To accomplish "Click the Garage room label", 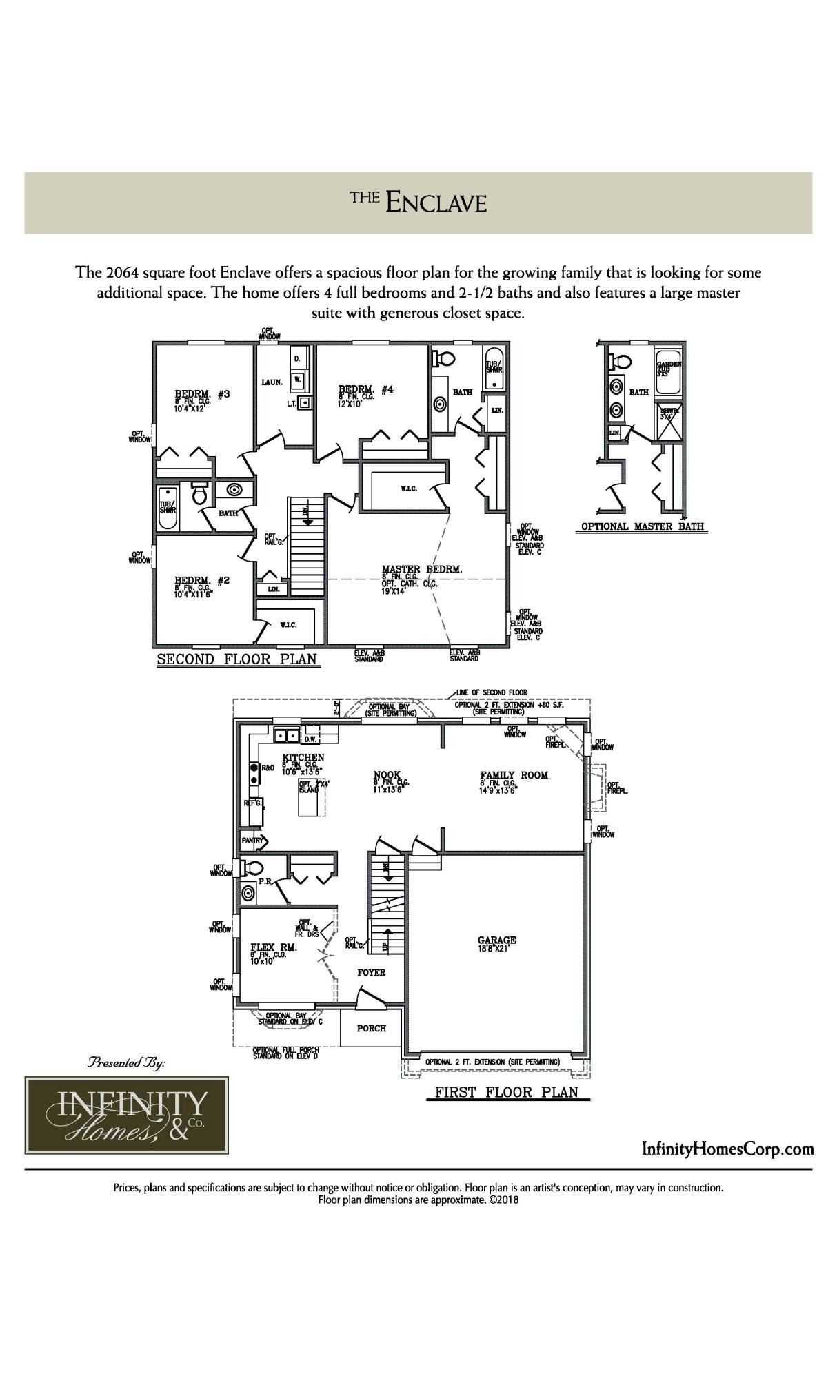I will pos(496,940).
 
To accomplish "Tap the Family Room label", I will pos(514,775).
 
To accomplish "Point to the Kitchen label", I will pos(303,757).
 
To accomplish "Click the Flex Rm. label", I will pos(273,947).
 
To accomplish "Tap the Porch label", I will pos(371,1028).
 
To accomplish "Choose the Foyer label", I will pos(371,972).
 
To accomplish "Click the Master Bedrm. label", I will pos(422,569).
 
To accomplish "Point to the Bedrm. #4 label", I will pos(365,389).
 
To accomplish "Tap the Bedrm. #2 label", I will pos(201,580).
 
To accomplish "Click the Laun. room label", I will pos(272,382).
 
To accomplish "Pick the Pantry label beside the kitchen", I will pos(252,841).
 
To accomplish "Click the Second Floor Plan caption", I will pos(237,659).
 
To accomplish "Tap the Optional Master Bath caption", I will pos(642,526).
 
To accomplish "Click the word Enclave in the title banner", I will pos(436,203).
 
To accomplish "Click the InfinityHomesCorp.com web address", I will pos(727,1149).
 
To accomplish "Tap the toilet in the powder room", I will pos(253,867).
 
